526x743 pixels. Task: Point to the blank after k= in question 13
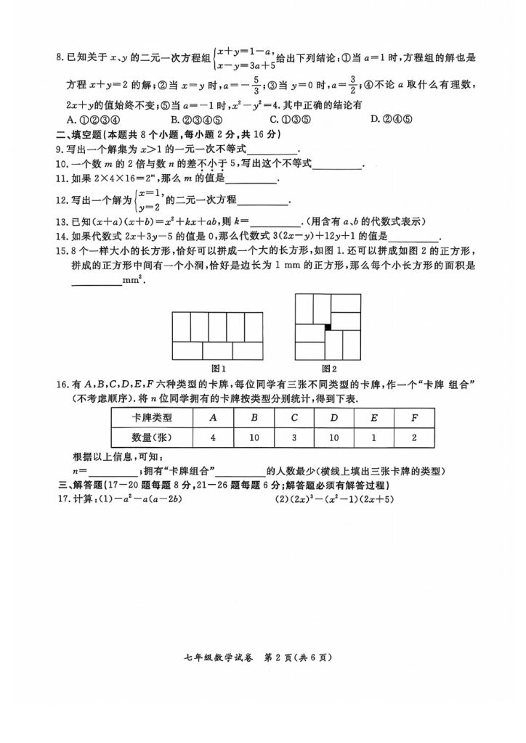coord(275,222)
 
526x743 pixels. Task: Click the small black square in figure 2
coord(328,327)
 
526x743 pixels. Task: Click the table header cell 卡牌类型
coord(152,417)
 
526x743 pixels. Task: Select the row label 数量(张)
coord(152,438)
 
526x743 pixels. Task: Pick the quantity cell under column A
coord(213,438)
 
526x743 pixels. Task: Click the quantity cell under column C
coord(294,438)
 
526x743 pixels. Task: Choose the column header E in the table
coord(373,417)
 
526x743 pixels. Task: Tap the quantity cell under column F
coord(413,438)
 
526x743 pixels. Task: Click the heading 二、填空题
coord(81,135)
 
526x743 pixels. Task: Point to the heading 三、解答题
coord(81,485)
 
